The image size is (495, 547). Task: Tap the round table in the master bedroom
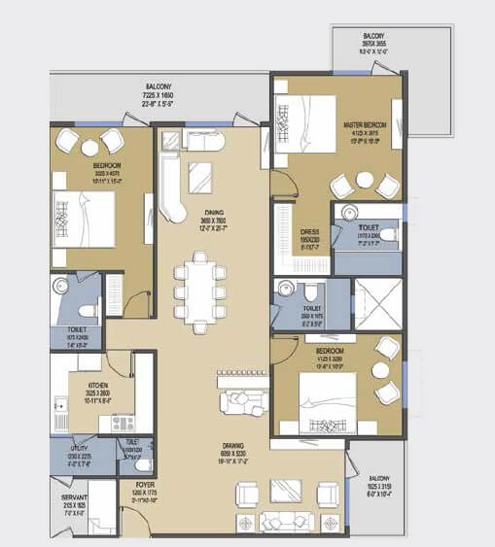click(365, 180)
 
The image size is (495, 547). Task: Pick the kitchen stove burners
click(124, 424)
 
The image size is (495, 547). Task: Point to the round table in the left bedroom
click(90, 147)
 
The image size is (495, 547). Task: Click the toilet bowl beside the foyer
click(132, 456)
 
